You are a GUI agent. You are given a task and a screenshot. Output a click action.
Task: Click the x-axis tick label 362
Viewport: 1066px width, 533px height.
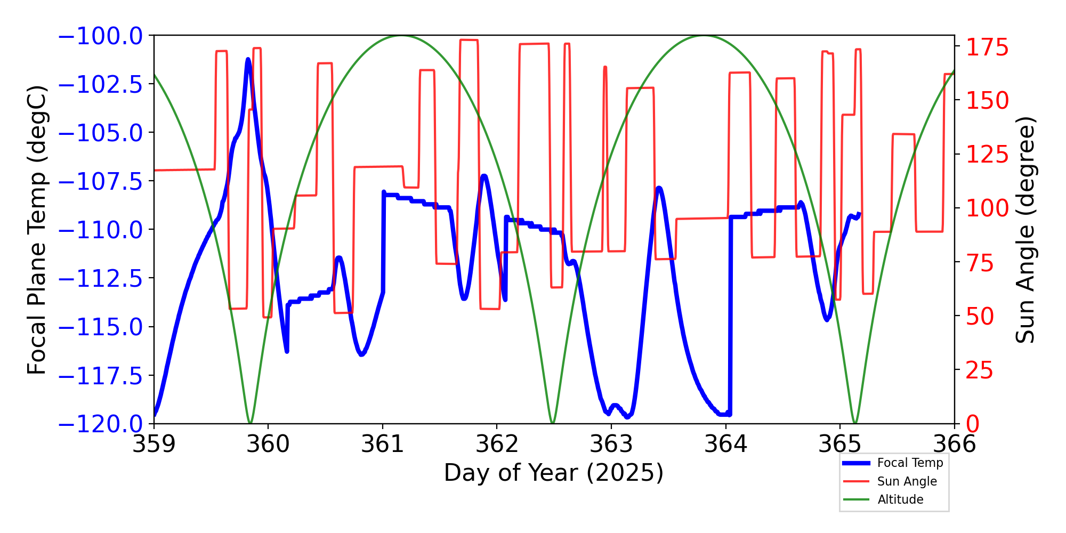497,443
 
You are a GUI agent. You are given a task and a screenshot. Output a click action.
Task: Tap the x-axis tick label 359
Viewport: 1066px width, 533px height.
154,443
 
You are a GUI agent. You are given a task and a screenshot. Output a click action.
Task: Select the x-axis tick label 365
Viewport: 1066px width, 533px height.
839,443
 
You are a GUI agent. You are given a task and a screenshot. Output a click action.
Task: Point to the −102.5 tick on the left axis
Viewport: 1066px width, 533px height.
100,84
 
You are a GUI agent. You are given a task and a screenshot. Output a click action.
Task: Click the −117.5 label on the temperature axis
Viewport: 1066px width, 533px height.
100,376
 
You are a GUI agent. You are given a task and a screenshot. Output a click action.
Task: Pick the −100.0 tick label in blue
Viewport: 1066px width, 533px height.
100,36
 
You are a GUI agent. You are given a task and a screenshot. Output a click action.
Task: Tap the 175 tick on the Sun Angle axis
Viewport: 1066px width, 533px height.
987,47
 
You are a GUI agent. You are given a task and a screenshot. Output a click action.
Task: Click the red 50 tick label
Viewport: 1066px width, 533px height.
980,317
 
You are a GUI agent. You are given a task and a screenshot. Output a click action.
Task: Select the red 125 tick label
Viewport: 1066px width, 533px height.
987,155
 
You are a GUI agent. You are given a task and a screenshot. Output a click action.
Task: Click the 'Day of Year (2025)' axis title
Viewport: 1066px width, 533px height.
554,473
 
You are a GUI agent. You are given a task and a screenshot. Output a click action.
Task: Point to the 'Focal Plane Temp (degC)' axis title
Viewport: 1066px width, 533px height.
37,230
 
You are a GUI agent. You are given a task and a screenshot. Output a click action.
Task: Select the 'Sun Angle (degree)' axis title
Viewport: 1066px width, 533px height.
1024,230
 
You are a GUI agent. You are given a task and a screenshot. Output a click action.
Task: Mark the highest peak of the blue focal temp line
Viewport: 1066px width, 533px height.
248,60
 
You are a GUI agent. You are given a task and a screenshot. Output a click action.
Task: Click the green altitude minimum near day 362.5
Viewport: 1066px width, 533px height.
553,423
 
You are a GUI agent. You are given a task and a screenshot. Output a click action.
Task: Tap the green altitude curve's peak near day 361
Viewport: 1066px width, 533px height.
400,36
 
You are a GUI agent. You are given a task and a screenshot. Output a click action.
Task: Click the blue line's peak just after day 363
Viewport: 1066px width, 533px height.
659,188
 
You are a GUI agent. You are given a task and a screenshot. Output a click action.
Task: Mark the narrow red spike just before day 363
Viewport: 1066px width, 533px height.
605,68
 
